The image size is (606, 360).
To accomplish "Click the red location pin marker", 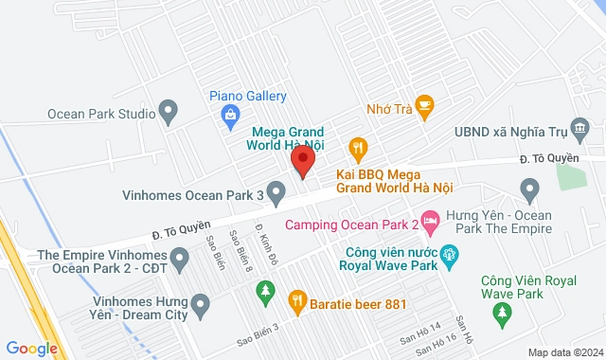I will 302,162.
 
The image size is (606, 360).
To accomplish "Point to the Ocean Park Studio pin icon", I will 170,114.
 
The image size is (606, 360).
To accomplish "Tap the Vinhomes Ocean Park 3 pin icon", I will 276,195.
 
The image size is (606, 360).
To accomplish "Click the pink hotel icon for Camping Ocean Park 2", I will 431,224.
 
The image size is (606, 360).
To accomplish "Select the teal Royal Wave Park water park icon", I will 449,253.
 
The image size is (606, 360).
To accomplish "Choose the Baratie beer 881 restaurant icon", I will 296,302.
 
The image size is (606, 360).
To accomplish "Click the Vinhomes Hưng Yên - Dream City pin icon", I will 199,305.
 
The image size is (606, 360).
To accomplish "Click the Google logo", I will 30,349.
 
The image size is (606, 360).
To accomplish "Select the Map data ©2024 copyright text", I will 565,352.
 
